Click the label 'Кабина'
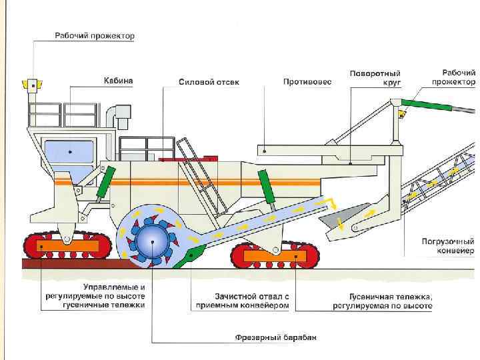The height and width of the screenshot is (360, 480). pyautogui.click(x=119, y=81)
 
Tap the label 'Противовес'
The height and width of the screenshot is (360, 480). pyautogui.click(x=307, y=81)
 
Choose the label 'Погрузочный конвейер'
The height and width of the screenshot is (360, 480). pyautogui.click(x=447, y=246)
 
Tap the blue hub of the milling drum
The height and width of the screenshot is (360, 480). pyautogui.click(x=150, y=238)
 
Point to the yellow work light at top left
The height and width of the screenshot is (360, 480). pyautogui.click(x=31, y=85)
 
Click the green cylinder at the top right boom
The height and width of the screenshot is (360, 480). pyautogui.click(x=425, y=105)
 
